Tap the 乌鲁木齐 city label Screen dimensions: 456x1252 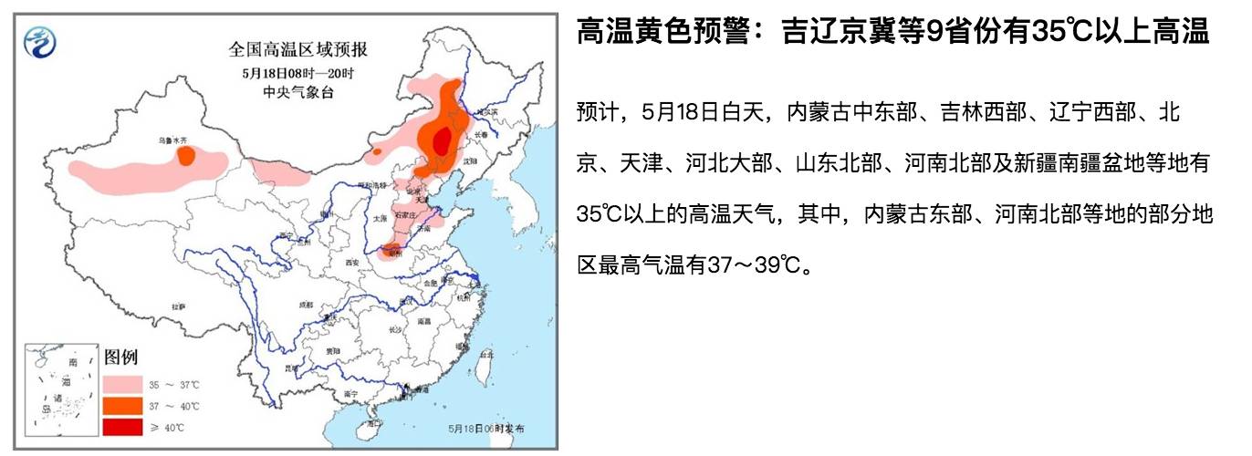(172, 140)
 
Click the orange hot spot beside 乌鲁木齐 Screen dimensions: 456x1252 (186, 156)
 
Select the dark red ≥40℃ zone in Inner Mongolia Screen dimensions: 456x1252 (442, 142)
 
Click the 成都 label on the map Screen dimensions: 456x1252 (306, 305)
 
